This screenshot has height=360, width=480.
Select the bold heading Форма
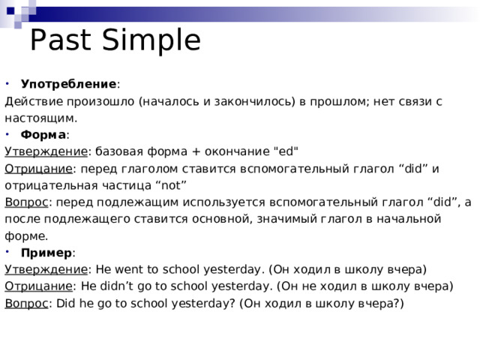pos(43,135)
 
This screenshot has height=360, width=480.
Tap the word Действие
pos(33,100)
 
